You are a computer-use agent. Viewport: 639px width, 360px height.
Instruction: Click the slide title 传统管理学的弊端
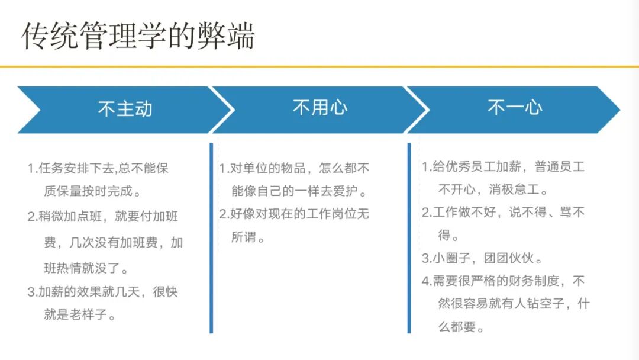tap(138, 36)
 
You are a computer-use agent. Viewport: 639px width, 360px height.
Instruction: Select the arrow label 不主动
tap(125, 109)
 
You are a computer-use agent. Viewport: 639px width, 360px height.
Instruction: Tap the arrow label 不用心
tap(320, 108)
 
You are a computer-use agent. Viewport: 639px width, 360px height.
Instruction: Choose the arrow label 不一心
tap(515, 108)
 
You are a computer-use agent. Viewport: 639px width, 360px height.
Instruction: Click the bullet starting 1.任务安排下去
tap(98, 169)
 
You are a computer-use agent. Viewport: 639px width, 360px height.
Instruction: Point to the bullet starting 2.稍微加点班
tap(103, 217)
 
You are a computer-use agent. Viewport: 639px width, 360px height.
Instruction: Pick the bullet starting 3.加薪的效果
tap(103, 292)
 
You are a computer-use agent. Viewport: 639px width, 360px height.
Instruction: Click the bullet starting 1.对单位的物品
tap(294, 169)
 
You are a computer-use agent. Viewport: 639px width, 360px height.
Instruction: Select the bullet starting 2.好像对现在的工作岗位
tap(294, 214)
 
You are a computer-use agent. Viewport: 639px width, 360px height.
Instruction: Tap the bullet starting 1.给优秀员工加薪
tap(503, 167)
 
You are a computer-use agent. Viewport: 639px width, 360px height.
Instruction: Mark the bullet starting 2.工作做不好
tap(503, 212)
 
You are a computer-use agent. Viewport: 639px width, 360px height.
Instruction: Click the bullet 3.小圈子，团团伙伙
tap(482, 259)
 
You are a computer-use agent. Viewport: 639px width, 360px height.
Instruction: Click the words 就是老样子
tap(79, 314)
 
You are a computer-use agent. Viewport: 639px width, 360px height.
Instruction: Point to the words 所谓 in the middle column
tap(247, 237)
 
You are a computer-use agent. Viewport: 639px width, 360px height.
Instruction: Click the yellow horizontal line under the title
tap(319, 66)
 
